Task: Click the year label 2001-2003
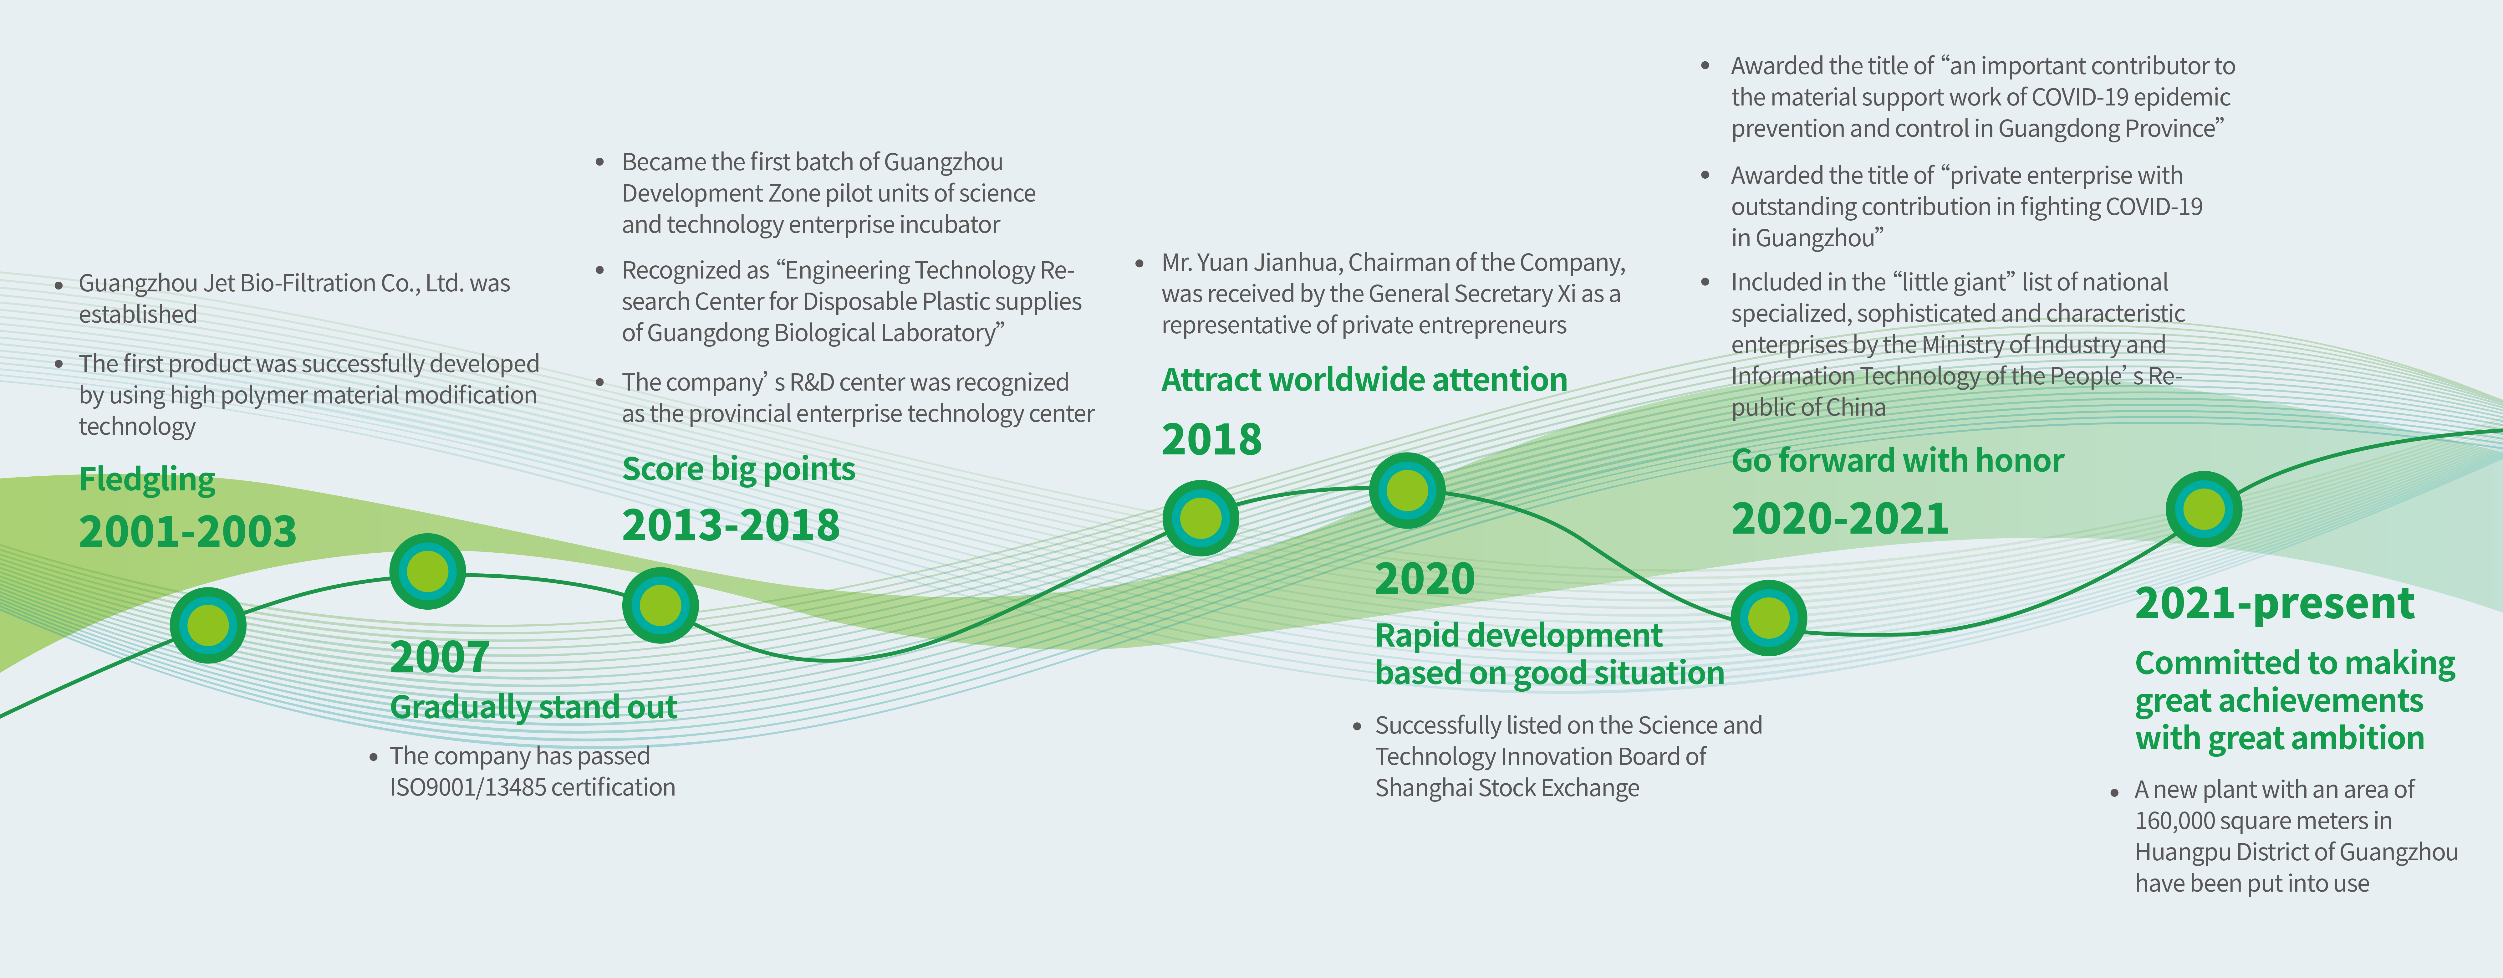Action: click(187, 532)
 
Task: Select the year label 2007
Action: click(439, 657)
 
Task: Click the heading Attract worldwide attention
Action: click(1364, 379)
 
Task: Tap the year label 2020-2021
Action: click(1839, 519)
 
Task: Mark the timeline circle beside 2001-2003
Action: click(208, 625)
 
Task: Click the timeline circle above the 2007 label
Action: click(427, 572)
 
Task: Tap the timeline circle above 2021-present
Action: click(2204, 509)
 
